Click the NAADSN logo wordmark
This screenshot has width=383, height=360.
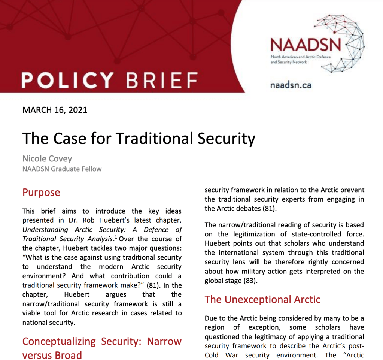click(x=306, y=45)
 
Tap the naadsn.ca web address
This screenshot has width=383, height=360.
click(x=291, y=85)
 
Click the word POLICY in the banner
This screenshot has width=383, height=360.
click(x=67, y=79)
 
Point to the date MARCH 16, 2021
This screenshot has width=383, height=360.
click(x=55, y=110)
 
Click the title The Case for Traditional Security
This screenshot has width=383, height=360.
click(x=139, y=138)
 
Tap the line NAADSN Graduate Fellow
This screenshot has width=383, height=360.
click(x=62, y=169)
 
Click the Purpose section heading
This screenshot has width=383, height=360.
click(x=41, y=193)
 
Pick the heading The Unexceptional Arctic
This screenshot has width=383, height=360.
click(x=262, y=299)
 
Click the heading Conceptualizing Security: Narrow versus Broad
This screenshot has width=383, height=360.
click(x=102, y=348)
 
